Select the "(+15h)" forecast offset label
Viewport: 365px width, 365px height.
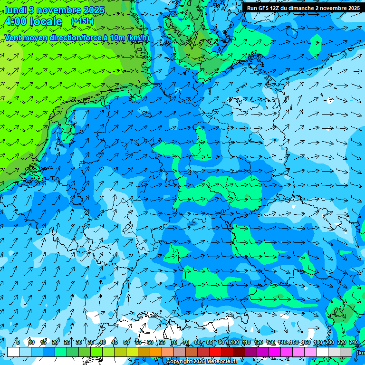(x=82, y=21)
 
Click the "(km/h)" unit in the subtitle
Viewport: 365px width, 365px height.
(x=138, y=38)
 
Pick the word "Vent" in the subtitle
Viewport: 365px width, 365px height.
(x=13, y=38)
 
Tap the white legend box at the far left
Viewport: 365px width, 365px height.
(x=13, y=352)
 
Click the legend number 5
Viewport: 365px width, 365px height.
(x=18, y=342)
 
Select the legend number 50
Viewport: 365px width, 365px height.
(x=126, y=342)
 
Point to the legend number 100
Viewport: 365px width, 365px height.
(x=235, y=342)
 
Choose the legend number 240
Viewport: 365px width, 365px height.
(x=354, y=342)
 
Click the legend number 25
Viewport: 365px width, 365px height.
(x=67, y=342)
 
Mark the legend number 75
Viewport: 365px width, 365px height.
(x=186, y=342)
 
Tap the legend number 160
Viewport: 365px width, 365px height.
(x=306, y=342)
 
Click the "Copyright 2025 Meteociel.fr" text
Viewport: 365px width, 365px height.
(x=202, y=362)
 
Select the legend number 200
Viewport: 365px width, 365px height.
(x=329, y=342)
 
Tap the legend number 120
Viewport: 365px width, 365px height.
(x=259, y=342)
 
